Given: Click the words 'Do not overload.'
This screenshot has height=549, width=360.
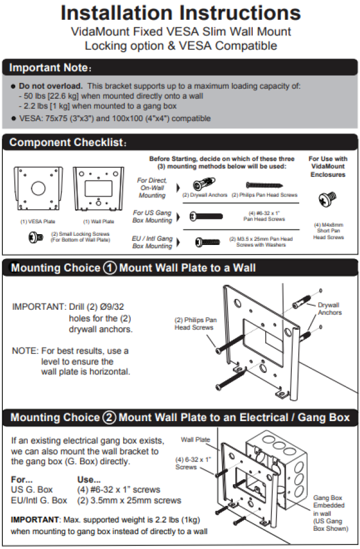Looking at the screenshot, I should tap(51, 86).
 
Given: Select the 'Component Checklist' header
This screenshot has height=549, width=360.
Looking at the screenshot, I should tap(68, 143).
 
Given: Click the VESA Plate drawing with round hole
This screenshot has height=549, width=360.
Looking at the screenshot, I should tap(38, 188).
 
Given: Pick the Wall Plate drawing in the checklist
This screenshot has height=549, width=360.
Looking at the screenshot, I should tap(98, 188).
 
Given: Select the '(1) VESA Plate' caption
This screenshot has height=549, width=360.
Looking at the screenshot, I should tap(38, 221).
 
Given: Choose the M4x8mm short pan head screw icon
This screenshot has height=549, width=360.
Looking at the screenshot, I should tap(329, 199).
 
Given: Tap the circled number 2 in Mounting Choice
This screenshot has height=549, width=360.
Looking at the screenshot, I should tap(110, 418).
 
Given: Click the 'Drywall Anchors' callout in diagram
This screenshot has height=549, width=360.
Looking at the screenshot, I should tap(329, 309).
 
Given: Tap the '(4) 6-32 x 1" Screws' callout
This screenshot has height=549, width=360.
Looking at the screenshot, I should tap(186, 463).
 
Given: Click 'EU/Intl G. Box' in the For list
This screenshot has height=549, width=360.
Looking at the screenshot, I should tap(39, 500).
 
